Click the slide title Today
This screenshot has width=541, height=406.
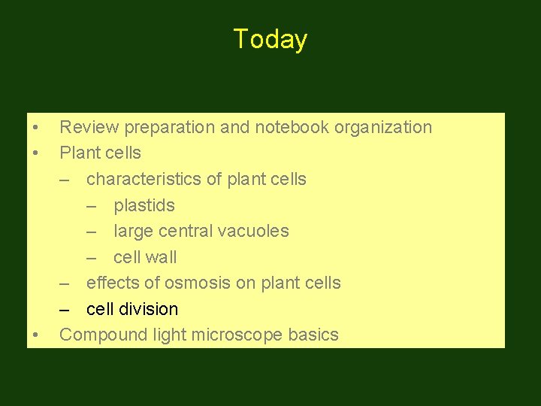270,39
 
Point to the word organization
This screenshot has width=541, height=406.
383,128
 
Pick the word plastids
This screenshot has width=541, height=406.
144,205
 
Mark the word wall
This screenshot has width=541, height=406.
162,257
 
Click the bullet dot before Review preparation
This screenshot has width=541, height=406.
35,128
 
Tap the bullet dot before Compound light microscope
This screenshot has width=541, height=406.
35,335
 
